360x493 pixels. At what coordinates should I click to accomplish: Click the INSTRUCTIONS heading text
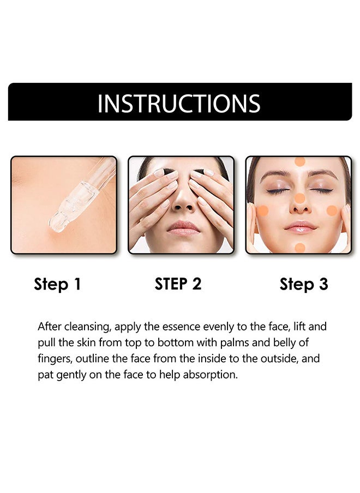(x=179, y=103)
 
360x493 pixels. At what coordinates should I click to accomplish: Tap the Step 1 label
(x=57, y=284)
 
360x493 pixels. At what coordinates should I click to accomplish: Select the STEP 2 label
(x=178, y=284)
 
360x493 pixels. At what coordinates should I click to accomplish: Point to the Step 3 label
(x=304, y=284)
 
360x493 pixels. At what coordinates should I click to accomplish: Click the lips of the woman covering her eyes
(x=183, y=227)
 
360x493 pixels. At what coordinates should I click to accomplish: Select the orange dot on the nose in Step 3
(x=299, y=198)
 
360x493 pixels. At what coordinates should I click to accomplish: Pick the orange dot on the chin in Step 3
(x=299, y=247)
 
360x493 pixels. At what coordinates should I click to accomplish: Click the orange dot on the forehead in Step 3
(x=299, y=161)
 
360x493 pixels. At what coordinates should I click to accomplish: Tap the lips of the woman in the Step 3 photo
(x=299, y=227)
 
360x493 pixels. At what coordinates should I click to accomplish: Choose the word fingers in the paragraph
(x=53, y=359)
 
